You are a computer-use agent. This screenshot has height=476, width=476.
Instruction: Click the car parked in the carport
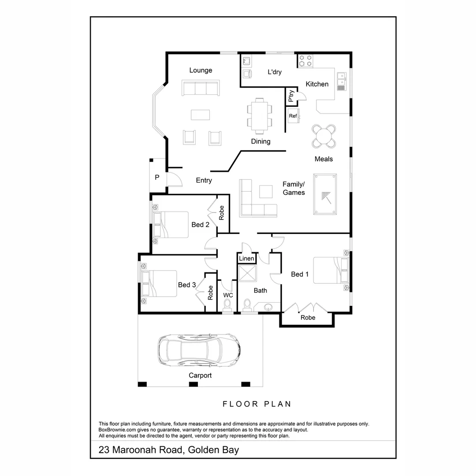pos(199,350)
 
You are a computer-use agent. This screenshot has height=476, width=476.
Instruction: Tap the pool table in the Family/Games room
pos(325,194)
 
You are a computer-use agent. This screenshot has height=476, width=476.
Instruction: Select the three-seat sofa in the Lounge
pos(201,88)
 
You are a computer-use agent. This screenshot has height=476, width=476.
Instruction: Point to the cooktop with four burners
pos(305,61)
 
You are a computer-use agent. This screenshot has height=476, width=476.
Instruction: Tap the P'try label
pos(291,97)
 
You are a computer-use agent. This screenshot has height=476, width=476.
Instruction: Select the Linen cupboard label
pos(246,258)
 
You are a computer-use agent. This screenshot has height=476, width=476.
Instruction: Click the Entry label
pos(204,180)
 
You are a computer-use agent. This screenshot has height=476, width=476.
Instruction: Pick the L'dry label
pos(275,72)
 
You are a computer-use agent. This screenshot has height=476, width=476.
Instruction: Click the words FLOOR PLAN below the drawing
pos(257,404)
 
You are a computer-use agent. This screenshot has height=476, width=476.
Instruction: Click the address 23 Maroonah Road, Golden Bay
pos(169,450)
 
